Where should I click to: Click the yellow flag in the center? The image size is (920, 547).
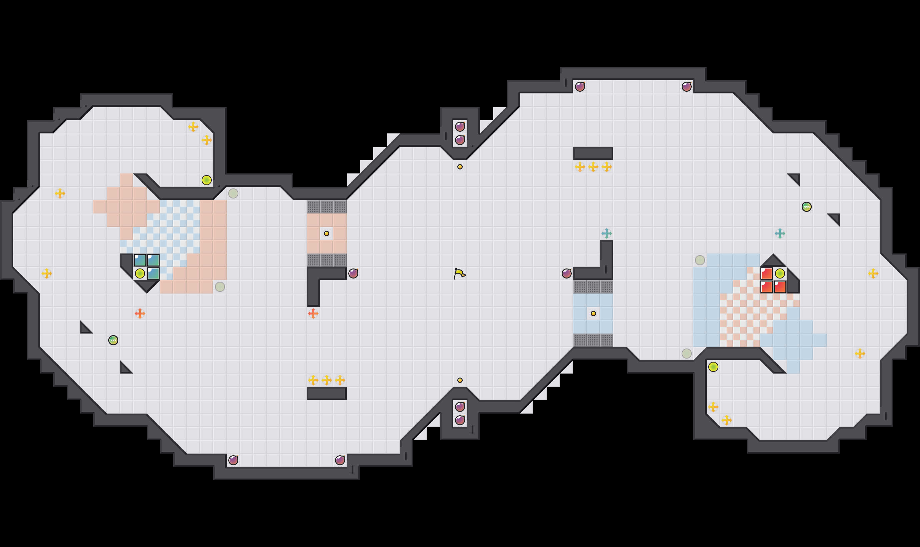click(x=459, y=273)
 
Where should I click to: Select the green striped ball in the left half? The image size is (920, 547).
click(x=113, y=340)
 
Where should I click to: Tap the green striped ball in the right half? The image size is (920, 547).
click(x=806, y=207)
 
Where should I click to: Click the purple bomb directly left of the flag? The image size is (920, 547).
click(x=353, y=273)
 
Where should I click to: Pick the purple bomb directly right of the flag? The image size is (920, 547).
click(x=566, y=273)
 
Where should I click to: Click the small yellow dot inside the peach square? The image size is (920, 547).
click(x=326, y=233)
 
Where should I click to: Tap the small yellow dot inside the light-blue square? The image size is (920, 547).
click(x=593, y=313)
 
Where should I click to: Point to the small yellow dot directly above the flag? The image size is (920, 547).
click(x=460, y=167)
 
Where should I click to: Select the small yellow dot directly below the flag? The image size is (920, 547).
click(x=460, y=380)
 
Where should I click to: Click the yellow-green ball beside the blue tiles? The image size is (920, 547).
click(x=140, y=273)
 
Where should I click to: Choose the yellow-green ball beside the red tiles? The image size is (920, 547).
click(x=779, y=273)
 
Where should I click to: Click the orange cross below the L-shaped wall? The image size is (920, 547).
click(x=313, y=313)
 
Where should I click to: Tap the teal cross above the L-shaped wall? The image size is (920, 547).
click(x=606, y=233)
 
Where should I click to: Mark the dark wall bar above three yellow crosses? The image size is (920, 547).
click(x=593, y=153)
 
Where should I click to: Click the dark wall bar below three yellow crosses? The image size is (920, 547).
click(x=326, y=393)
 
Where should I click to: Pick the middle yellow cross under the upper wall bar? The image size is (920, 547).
click(x=593, y=167)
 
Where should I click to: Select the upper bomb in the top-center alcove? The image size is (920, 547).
click(x=460, y=127)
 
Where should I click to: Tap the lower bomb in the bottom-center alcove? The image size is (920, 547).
click(x=460, y=420)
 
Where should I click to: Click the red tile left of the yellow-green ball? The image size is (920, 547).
click(x=766, y=273)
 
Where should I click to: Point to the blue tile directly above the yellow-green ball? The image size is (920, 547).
click(x=140, y=260)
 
